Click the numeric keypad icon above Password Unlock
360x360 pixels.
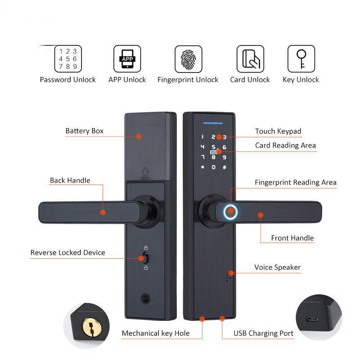point(68,59)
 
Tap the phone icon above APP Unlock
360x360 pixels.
point(127,59)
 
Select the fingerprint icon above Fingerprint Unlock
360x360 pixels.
point(189,59)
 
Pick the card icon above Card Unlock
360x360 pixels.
point(250,59)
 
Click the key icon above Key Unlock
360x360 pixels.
point(301,59)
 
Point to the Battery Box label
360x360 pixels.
point(85,131)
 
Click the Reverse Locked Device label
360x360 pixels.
point(68,252)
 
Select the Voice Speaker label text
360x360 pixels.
point(277,267)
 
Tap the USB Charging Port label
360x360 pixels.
point(263,333)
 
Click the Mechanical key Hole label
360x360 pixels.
point(156,333)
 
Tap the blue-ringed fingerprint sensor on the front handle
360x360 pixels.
point(230,211)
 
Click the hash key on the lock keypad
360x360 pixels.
point(225,167)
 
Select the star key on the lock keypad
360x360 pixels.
point(202,167)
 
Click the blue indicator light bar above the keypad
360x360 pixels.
point(213,123)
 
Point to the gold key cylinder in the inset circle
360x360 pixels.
point(92,327)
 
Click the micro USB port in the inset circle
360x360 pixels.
point(312,319)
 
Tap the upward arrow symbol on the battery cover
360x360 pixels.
point(145,173)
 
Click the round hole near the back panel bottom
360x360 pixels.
point(145,299)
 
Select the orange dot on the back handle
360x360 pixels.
point(103,212)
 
